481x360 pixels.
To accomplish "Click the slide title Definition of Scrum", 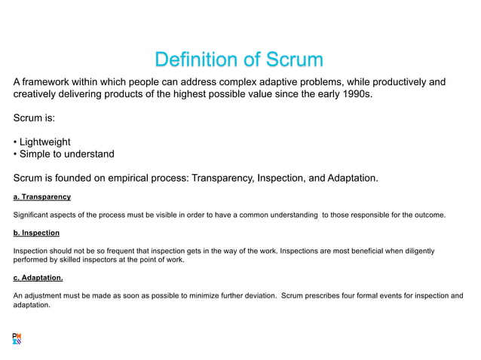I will point(238,59).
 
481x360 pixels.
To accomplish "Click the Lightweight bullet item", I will point(45,142).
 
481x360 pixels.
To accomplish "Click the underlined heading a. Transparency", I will point(42,197).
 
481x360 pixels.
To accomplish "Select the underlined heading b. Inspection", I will point(36,233).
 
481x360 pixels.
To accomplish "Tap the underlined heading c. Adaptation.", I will point(38,277).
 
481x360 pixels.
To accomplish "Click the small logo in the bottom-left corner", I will point(17,338).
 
